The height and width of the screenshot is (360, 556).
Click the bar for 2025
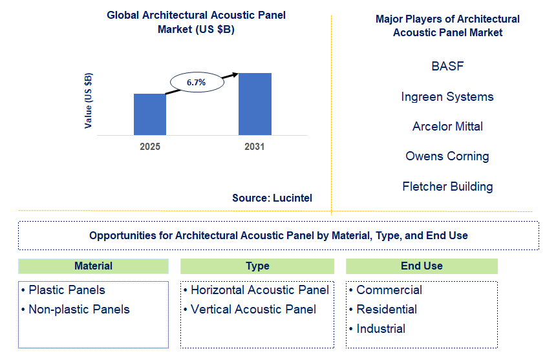(150, 114)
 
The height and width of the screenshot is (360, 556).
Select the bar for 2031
(255, 104)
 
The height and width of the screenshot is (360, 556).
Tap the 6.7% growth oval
(197, 83)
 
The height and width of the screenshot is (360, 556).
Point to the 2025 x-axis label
(150, 147)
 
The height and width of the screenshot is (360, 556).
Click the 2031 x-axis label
(255, 147)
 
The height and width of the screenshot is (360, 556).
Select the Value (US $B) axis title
(89, 100)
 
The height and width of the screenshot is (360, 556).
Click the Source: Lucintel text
(272, 198)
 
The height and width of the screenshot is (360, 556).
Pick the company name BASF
(447, 67)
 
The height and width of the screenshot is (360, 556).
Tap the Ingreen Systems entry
(447, 97)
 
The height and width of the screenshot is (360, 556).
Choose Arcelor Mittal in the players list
(447, 127)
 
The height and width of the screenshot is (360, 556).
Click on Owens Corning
(447, 156)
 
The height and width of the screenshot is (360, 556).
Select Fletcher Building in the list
(447, 187)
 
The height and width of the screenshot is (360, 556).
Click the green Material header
(93, 266)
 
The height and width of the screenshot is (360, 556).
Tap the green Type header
(257, 266)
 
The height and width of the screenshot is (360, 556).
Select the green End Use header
(422, 266)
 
